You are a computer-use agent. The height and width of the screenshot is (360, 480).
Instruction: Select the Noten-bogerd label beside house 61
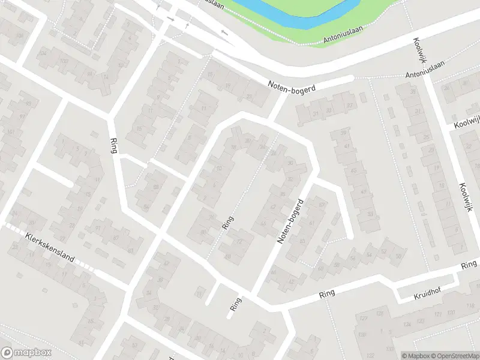pos(289,221)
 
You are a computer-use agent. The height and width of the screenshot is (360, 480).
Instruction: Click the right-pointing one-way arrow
pos(171,19)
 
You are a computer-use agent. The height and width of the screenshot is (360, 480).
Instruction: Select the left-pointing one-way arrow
pos(225,32)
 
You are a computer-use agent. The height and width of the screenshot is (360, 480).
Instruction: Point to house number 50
pos(398,256)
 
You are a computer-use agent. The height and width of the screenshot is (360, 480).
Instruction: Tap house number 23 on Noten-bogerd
pos(249,96)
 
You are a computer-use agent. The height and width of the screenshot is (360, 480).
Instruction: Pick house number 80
pos(203,231)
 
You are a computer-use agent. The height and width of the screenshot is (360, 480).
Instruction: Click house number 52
pos(384,251)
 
